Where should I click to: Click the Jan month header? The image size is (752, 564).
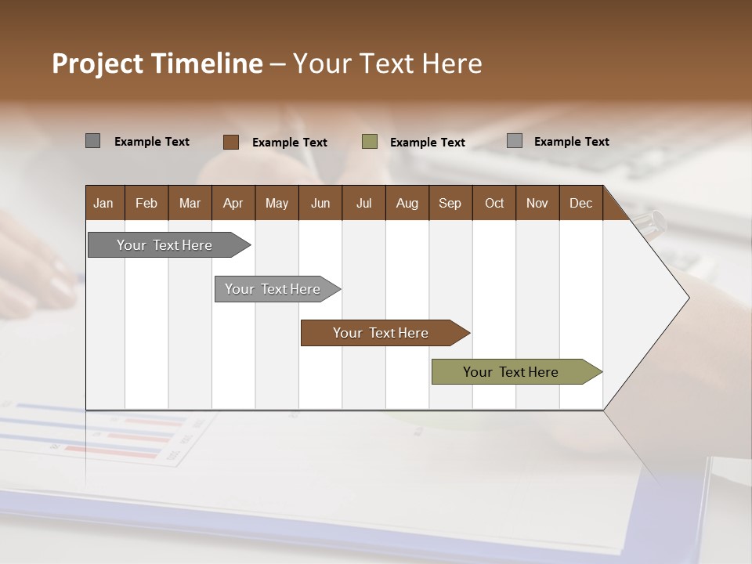pos(103,204)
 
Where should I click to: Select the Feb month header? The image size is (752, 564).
pos(146,204)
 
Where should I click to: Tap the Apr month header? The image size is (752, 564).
pos(233,204)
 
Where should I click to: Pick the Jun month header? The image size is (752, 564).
pos(320,204)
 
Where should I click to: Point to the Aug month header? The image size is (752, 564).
pos(407,204)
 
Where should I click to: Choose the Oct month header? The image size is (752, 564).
pos(494,204)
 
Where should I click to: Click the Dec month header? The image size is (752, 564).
pos(581,204)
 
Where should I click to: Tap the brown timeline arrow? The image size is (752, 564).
pos(381,333)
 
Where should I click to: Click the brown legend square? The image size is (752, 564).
pos(230,142)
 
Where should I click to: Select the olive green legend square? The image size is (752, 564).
pos(370,142)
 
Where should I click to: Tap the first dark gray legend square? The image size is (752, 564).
pos(92,141)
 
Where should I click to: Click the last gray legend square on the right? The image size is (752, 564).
pos(515,141)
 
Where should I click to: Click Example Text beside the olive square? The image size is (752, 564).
pos(428,143)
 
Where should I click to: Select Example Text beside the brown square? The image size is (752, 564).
pos(290,143)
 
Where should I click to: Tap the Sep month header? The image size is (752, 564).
pos(450,204)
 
